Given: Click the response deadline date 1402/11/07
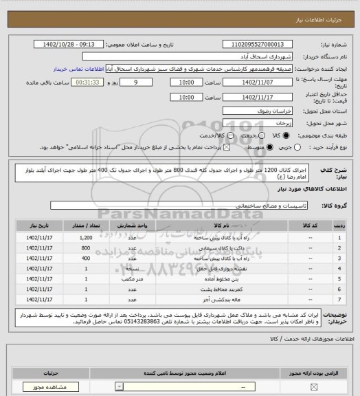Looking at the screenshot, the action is [x=264, y=82].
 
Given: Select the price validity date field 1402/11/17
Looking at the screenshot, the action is [x=264, y=98].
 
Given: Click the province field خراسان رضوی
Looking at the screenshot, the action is [x=264, y=110].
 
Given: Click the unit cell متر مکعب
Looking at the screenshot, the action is [x=135, y=279].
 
